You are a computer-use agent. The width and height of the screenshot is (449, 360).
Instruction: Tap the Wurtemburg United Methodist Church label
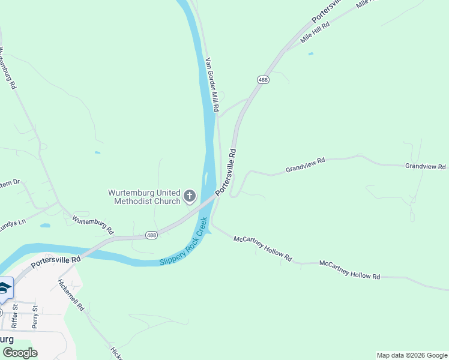[144, 197]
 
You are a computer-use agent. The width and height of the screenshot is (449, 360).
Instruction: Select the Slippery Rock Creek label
[184, 247]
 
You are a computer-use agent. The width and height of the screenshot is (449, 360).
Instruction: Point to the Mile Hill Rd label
[316, 34]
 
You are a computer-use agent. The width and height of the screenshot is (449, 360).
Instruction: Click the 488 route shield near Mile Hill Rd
[263, 80]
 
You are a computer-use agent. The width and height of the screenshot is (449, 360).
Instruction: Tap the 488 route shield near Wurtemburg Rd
[151, 235]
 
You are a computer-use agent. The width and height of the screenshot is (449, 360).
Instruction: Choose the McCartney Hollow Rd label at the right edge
[350, 270]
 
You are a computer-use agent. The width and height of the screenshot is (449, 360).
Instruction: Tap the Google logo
[20, 352]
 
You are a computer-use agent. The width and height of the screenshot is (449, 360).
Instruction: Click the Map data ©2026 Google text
[412, 355]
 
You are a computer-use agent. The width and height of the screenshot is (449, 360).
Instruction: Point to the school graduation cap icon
[5, 288]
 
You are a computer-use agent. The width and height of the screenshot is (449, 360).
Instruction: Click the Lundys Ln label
[12, 223]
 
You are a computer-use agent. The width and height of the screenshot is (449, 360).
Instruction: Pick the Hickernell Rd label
[71, 294]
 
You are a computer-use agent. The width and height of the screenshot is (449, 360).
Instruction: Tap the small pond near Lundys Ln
[45, 226]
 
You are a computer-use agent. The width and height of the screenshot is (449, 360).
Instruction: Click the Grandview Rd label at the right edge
[426, 166]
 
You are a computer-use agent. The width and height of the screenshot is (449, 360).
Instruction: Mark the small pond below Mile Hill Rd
[310, 54]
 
